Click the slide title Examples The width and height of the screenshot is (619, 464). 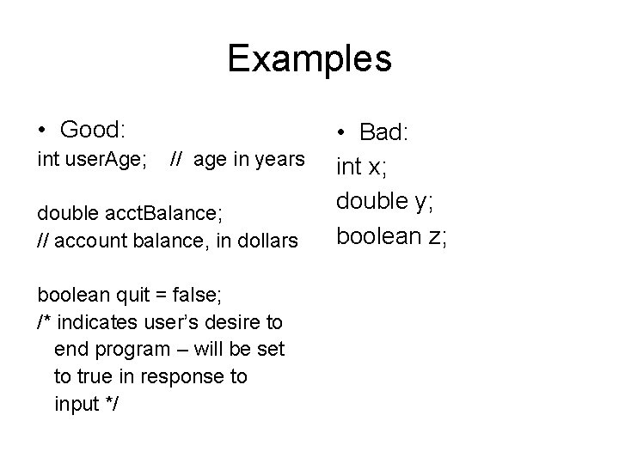[x=309, y=59]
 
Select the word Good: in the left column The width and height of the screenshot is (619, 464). [x=93, y=130]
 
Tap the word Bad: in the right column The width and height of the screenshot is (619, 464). [x=384, y=132]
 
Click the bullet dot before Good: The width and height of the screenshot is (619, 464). [x=42, y=131]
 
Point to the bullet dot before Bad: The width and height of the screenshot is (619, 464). [x=341, y=132]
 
